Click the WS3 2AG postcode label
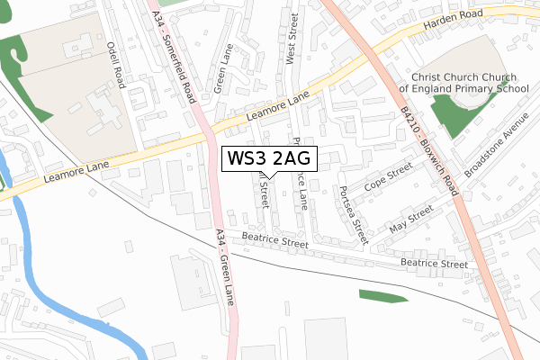click(x=268, y=158)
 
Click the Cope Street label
click(x=388, y=178)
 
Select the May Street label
click(x=410, y=218)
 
